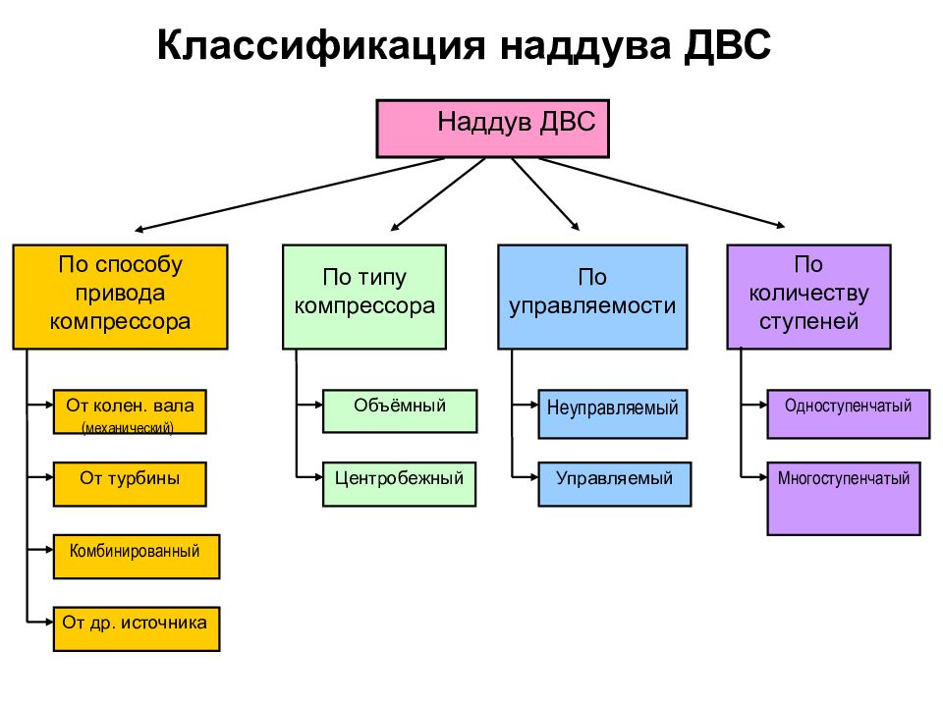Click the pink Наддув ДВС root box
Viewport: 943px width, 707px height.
pos(492,129)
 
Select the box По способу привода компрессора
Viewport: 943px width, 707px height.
pos(120,297)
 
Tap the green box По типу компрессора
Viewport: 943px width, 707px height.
pos(364,297)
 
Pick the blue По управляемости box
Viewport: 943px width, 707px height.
pos(592,297)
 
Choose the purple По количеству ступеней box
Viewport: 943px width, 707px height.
pos(808,297)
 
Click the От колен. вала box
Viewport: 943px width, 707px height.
pos(130,411)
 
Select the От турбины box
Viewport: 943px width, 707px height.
pos(130,484)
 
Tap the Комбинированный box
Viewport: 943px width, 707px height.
pos(137,557)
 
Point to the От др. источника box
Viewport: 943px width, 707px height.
pos(137,628)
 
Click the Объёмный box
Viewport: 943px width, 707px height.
pos(400,411)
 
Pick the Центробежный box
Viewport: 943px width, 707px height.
pos(400,484)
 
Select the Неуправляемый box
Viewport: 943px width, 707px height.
pos(613,413)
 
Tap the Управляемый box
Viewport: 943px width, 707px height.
pos(615,484)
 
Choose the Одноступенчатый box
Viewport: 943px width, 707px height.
pos(849,413)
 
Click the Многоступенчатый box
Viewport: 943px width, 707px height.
pos(844,499)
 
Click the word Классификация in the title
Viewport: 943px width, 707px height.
pos(321,45)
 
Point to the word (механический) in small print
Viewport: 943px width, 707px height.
pos(128,427)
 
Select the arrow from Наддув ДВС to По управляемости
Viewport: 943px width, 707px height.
pos(545,194)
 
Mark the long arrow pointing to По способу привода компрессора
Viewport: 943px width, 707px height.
pos(290,194)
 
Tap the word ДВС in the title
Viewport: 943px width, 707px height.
pos(727,45)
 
